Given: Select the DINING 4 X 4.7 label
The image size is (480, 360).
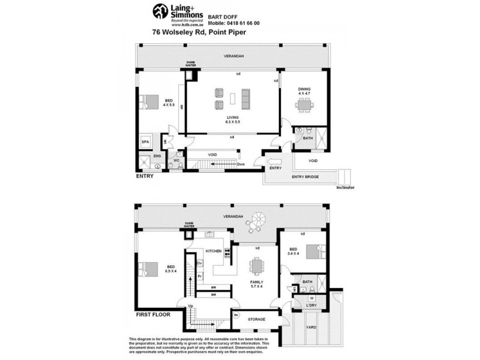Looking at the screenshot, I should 304,92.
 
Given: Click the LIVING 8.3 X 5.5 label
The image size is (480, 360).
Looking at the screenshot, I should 232,119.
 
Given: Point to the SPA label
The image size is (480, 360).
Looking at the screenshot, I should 145,142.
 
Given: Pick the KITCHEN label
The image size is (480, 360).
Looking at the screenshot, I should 214,251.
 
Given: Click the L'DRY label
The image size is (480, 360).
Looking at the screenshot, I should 311,306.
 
